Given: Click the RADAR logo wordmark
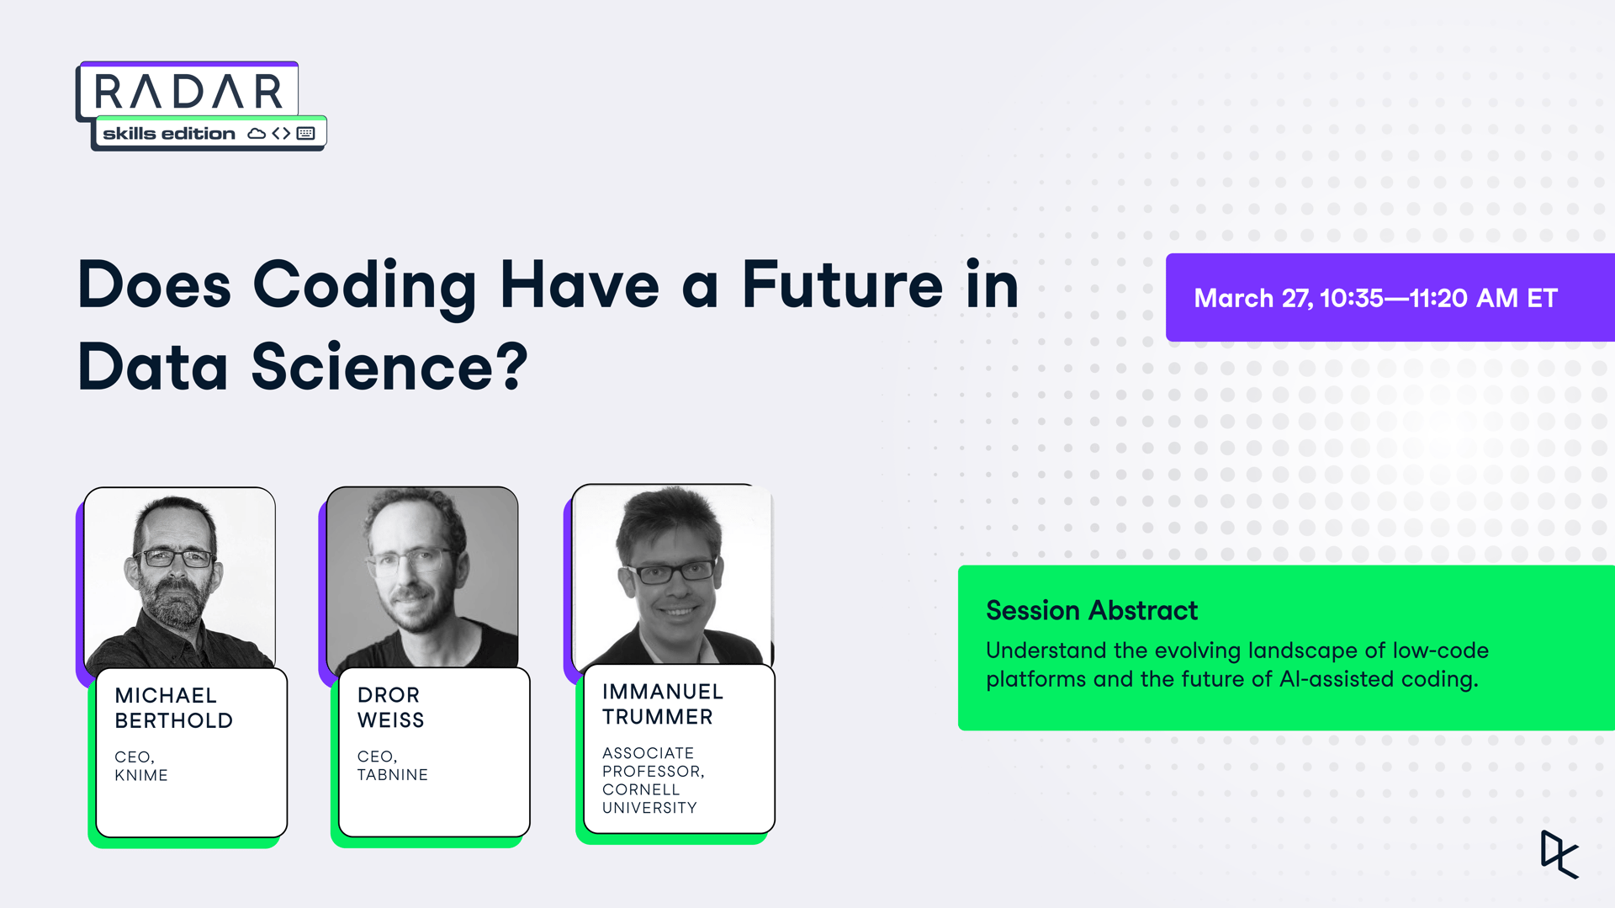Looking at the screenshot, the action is tap(188, 92).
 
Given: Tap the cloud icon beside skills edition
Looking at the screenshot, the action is tap(257, 134).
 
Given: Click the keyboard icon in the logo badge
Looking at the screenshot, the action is tap(306, 134).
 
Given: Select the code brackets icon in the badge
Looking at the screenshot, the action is tap(281, 134).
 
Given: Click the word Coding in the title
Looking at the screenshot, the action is tap(365, 287).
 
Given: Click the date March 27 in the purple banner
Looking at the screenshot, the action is tap(1252, 299).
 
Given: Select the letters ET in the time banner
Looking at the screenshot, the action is tap(1543, 298).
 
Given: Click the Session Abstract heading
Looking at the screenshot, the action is tap(1092, 610).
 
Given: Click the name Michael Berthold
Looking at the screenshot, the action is tap(174, 708).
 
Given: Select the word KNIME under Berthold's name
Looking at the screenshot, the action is tap(141, 775).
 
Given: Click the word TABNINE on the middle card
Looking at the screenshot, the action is tap(393, 774).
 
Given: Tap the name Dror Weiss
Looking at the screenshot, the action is tap(391, 707).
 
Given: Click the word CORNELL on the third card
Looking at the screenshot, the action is tap(641, 789).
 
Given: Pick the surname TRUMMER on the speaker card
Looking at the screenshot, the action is tap(658, 717).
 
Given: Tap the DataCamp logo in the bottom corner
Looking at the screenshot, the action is tap(1559, 854).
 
